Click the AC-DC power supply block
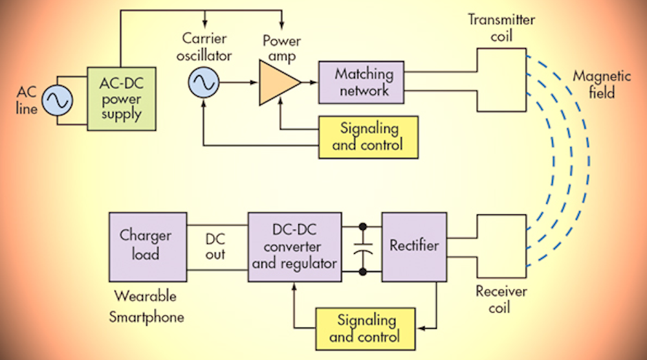(127, 101)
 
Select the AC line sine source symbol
(57, 102)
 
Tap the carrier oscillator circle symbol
(203, 82)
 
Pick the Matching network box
(361, 82)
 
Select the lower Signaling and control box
(364, 328)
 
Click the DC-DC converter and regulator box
(295, 247)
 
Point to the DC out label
(215, 246)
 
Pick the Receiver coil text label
(501, 299)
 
